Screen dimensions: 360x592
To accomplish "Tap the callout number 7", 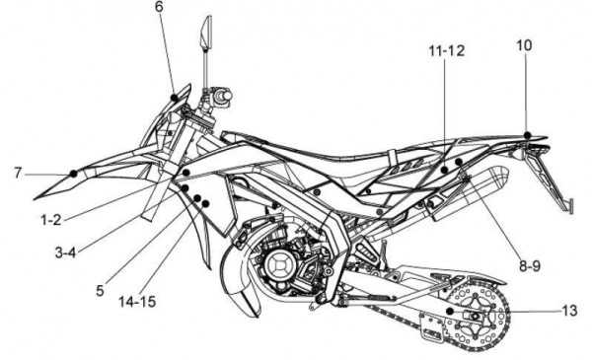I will (18, 173).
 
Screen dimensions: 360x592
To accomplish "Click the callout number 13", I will (568, 311).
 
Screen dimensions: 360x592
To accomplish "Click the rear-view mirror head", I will (206, 33).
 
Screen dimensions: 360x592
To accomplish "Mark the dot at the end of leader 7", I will (74, 173).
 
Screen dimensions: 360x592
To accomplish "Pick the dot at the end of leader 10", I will (529, 134).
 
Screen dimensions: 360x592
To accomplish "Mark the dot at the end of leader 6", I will (176, 96).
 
